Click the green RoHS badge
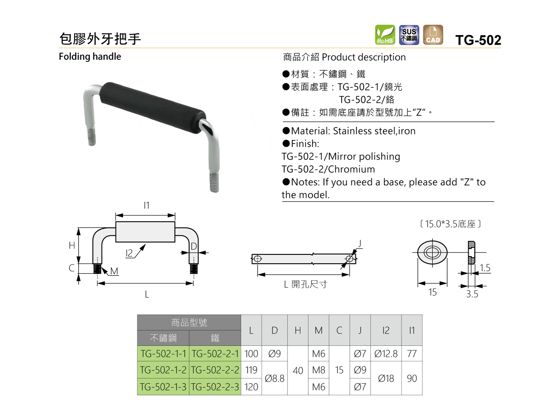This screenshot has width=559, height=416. pos(385,35)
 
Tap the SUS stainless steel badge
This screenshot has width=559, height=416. pos(409,35)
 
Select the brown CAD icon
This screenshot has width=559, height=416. pos(433,35)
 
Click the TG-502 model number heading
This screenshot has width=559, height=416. pos(478,40)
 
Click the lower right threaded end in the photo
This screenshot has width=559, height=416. pos(214,183)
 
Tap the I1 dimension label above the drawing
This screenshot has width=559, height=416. pos(147,205)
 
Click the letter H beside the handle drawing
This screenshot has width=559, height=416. pos(72,245)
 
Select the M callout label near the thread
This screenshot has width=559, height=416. pos(114,271)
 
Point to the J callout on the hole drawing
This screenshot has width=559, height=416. pos(360,244)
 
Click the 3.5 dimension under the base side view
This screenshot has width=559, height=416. pos(472,294)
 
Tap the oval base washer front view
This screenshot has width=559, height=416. pos(432,252)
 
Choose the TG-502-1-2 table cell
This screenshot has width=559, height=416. pos(163,370)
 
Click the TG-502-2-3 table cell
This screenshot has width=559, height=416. pos(215,387)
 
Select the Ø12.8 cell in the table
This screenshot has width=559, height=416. pos(386,353)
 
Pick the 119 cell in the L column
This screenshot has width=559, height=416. pos(251,370)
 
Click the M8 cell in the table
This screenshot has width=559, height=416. pos(319,370)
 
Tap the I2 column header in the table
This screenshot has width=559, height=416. pos(386,330)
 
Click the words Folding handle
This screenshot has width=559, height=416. pos(90,57)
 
